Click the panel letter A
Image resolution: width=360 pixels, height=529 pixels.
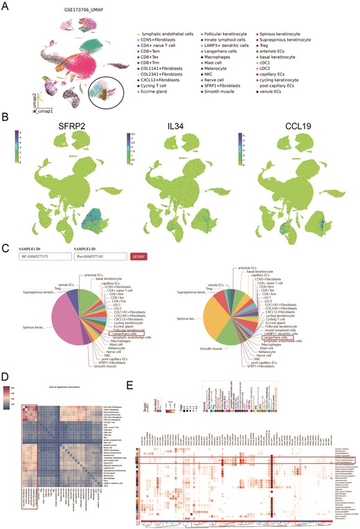pyautogui.click(x=6, y=6)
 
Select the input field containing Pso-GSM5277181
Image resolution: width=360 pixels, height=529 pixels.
pyautogui.click(x=161, y=256)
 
